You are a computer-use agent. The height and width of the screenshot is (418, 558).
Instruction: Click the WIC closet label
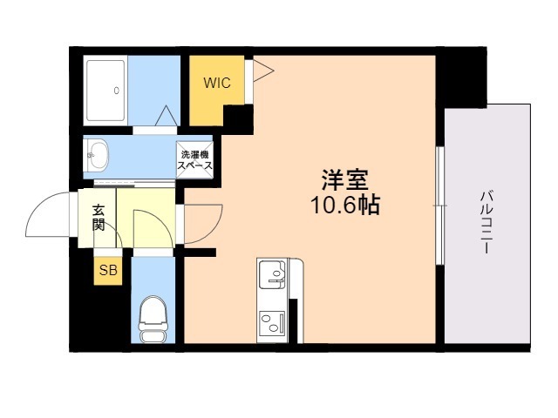(217, 83)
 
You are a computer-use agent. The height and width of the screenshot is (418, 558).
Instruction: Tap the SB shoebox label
(108, 271)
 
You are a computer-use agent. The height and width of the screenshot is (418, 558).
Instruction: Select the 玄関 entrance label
(99, 218)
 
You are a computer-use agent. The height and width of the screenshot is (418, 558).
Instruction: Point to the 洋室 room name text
(345, 179)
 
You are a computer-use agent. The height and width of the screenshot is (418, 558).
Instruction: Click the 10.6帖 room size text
(345, 205)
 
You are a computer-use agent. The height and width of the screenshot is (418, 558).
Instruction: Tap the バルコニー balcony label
(487, 222)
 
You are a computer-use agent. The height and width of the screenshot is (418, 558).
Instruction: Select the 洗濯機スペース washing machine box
(194, 160)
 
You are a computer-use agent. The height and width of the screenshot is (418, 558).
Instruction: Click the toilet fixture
(153, 320)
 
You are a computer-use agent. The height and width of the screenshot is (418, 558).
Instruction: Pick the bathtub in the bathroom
(105, 91)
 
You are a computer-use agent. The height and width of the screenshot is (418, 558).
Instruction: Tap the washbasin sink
(97, 155)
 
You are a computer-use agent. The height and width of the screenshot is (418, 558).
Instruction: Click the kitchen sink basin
(272, 274)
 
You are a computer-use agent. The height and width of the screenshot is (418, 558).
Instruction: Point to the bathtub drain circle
(116, 91)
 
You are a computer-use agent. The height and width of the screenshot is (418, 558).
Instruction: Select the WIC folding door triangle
(263, 71)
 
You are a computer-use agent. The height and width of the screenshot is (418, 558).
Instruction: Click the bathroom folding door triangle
(167, 116)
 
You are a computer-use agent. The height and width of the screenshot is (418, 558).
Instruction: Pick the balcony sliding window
(440, 206)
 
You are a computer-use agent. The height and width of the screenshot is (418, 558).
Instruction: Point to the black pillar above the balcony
(461, 78)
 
